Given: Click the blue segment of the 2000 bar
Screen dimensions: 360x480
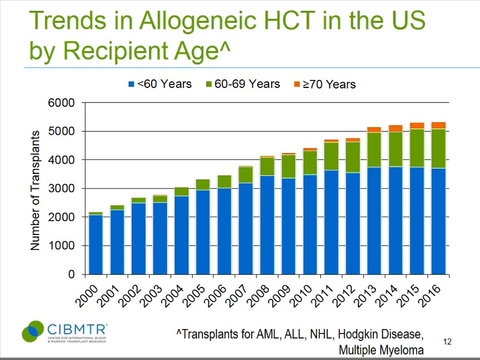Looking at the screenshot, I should tap(96, 244).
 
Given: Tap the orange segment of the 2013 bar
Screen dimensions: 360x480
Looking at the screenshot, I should tap(374, 130).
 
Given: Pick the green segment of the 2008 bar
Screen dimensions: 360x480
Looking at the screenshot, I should tap(267, 167).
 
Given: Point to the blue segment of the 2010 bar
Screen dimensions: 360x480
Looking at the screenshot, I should tap(310, 224).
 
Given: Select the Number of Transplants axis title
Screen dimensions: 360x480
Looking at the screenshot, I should tap(38, 189).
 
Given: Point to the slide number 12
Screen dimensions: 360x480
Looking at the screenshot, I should tap(448, 342).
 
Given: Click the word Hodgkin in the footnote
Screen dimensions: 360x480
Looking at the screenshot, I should tap(347, 334).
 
